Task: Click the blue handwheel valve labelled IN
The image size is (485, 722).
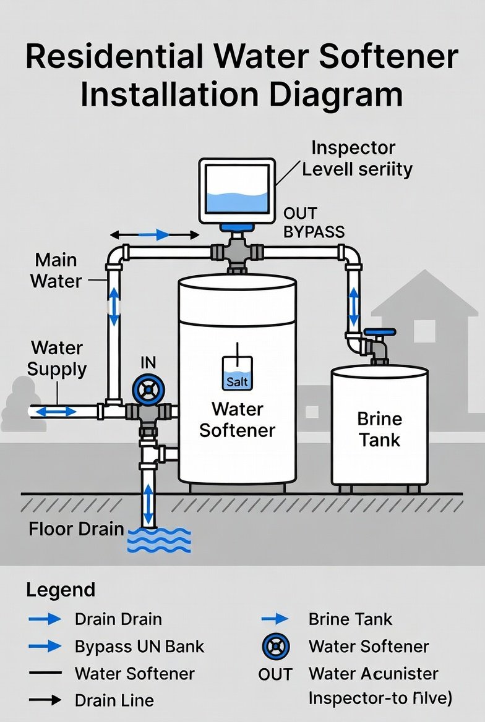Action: [148, 390]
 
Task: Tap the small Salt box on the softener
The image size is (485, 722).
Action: [237, 373]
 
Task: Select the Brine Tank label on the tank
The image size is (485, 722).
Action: [379, 429]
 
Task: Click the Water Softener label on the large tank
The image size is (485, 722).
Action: [237, 419]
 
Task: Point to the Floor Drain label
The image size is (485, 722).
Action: [76, 530]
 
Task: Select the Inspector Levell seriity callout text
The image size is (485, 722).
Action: [356, 158]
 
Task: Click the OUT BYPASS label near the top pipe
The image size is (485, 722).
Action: [314, 223]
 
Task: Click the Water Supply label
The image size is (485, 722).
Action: [57, 359]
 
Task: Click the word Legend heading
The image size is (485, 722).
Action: [61, 590]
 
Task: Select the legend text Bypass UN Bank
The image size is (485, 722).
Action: [139, 647]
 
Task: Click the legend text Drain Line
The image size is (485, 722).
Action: [114, 700]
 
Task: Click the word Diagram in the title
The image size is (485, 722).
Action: [324, 96]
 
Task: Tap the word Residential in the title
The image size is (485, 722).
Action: [113, 57]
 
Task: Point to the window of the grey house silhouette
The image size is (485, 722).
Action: [424, 331]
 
